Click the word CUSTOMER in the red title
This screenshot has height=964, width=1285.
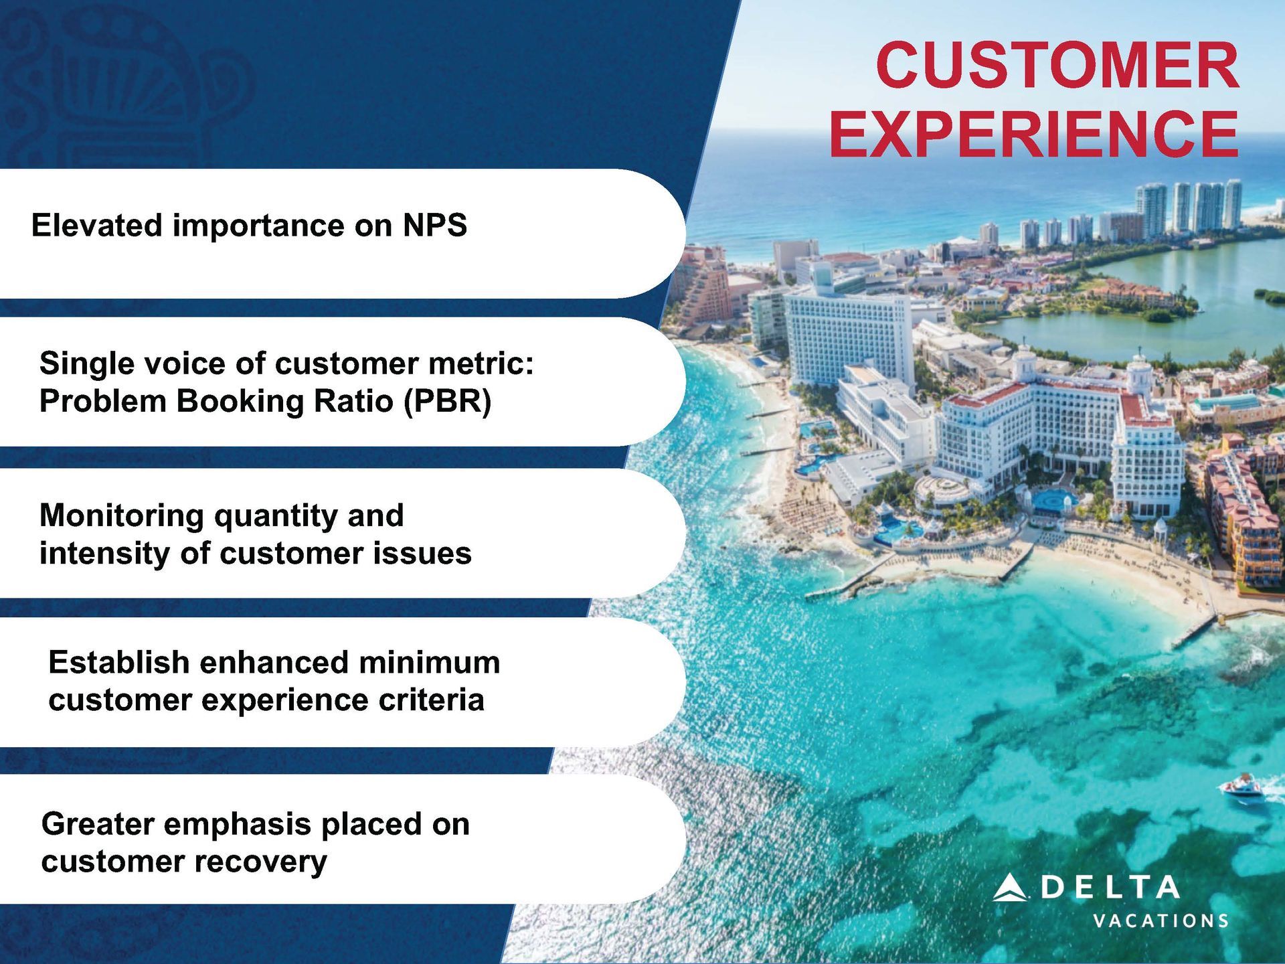(x=1057, y=65)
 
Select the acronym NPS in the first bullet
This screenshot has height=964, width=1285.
(x=435, y=225)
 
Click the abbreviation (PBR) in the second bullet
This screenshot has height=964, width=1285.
(x=447, y=402)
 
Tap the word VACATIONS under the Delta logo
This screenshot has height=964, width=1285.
(x=1161, y=921)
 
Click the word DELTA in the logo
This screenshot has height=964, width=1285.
(x=1110, y=887)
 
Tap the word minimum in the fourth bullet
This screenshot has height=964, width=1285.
(x=430, y=662)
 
